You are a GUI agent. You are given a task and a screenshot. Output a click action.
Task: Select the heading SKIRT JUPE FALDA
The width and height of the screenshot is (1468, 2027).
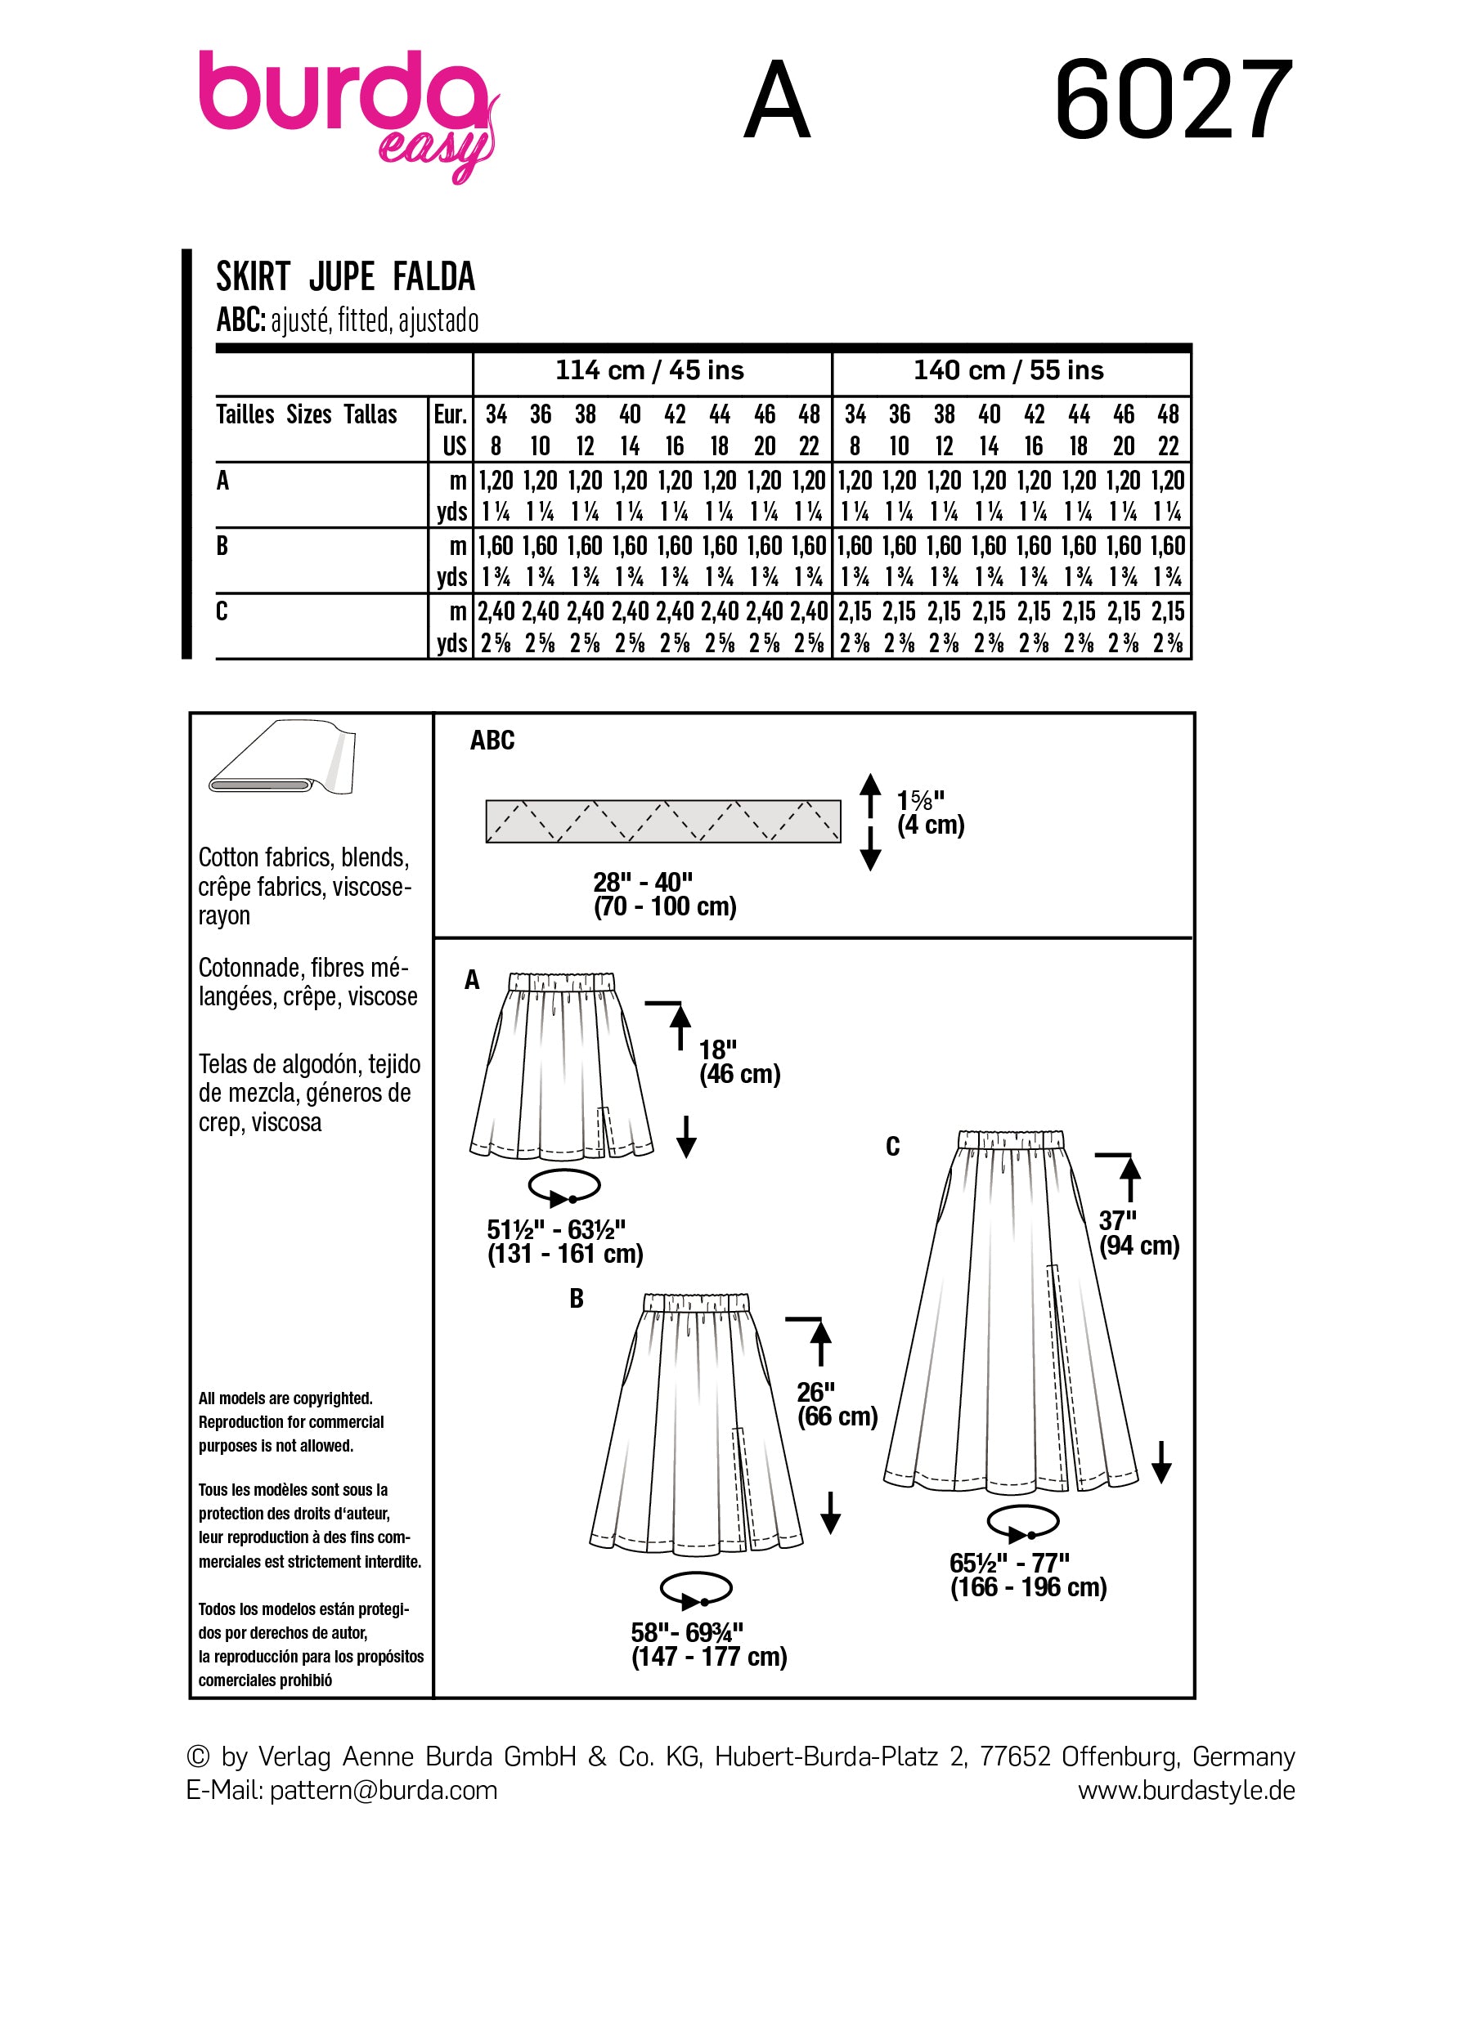coord(345,277)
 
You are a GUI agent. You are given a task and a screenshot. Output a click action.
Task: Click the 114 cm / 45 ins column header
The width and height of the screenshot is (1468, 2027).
coord(650,371)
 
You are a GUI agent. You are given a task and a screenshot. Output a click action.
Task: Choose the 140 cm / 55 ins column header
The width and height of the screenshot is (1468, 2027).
coord(1008,371)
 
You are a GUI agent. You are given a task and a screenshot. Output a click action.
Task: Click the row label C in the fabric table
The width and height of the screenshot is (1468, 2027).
coord(222,611)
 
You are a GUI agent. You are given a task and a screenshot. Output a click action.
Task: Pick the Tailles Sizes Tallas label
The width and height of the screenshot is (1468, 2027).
coord(307,414)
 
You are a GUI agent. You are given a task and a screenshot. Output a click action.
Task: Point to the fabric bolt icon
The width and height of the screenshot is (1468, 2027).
coord(282,758)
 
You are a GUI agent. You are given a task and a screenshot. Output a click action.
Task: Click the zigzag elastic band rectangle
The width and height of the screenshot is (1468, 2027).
coord(662,821)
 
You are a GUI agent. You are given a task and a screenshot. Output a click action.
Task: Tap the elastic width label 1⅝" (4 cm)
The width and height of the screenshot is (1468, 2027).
coord(930,812)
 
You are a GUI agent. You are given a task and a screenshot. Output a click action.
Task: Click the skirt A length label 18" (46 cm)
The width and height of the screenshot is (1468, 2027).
coord(739,1062)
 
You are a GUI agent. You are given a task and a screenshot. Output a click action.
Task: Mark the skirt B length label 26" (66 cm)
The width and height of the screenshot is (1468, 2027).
coord(837,1404)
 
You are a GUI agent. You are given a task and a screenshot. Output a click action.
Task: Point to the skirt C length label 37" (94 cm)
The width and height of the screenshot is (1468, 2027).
coord(1138,1233)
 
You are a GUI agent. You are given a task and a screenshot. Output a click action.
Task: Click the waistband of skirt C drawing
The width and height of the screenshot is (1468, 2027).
coord(1010,1139)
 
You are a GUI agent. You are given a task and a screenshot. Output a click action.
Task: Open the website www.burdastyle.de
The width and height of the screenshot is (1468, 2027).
coord(1186,1791)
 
